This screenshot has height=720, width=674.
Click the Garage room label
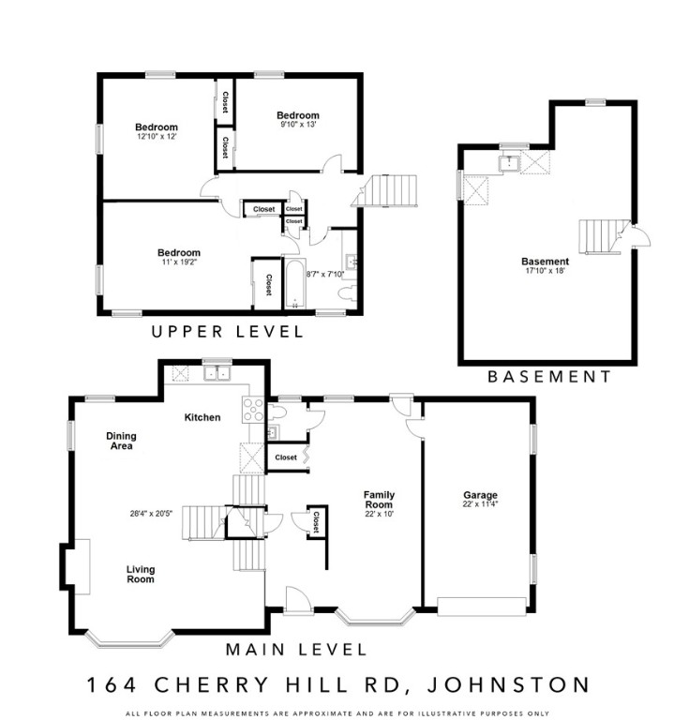pyautogui.click(x=480, y=495)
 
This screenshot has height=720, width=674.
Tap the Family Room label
pyautogui.click(x=379, y=500)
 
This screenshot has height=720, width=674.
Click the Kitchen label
pyautogui.click(x=202, y=417)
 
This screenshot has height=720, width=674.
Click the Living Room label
pyautogui.click(x=141, y=574)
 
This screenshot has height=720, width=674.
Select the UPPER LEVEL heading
pyautogui.click(x=228, y=332)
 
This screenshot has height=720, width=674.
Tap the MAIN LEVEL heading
pyautogui.click(x=295, y=649)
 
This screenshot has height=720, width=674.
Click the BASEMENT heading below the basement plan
pyautogui.click(x=548, y=377)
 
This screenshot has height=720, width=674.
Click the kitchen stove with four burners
pyautogui.click(x=254, y=409)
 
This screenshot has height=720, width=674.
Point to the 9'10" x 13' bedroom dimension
pyautogui.click(x=298, y=125)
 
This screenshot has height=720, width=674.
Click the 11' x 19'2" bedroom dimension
pyautogui.click(x=178, y=262)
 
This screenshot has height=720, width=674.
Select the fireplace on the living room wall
pyautogui.click(x=77, y=566)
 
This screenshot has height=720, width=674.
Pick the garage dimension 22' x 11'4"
pyautogui.click(x=480, y=506)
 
